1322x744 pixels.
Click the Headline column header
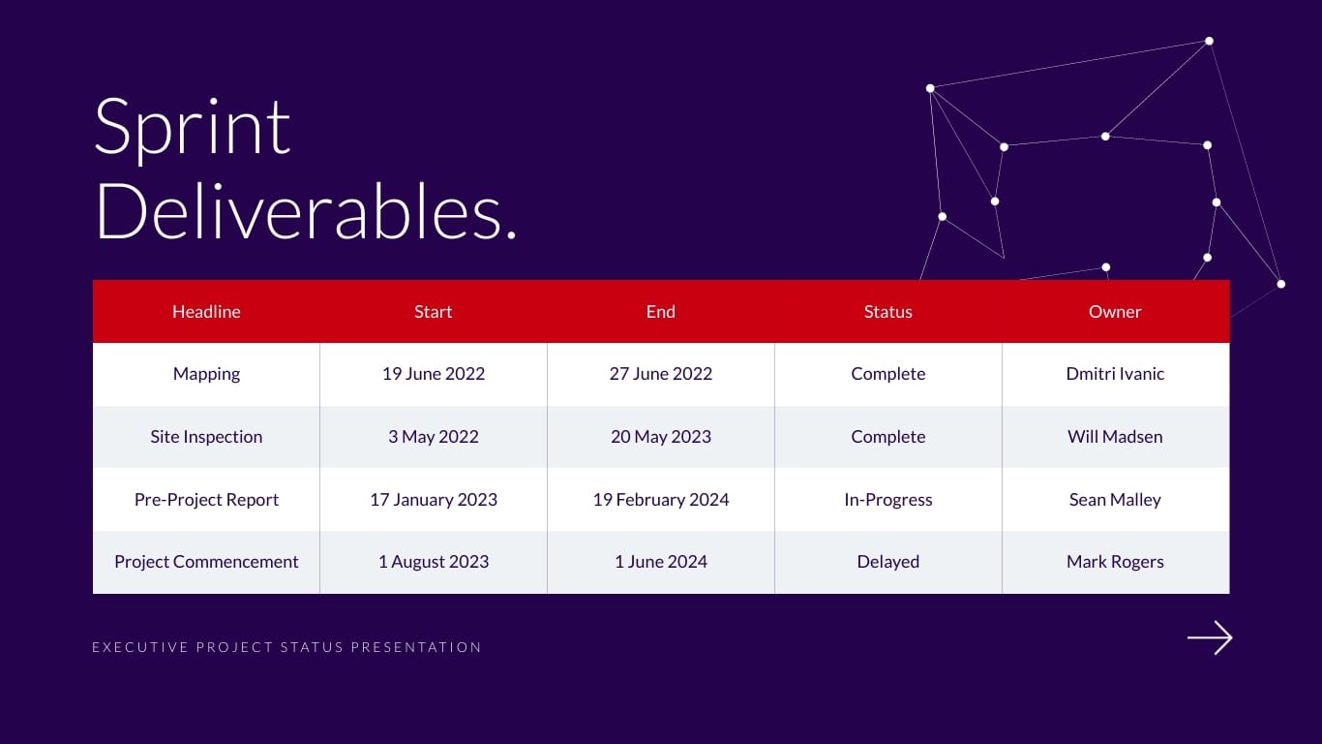[x=206, y=311]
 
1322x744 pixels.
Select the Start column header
[x=434, y=311]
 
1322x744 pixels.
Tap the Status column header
[x=887, y=311]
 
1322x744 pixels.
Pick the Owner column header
[x=1115, y=311]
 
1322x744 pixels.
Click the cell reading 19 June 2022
[x=434, y=374]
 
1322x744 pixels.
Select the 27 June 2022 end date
[x=660, y=374]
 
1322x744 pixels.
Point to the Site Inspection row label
[x=206, y=437]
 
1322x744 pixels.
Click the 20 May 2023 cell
[x=660, y=437]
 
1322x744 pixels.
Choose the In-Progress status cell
[x=887, y=499]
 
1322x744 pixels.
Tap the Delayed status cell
[x=887, y=562]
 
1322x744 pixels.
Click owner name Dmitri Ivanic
[x=1115, y=374]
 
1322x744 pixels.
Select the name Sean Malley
[x=1115, y=499]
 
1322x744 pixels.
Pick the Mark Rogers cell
[x=1115, y=562]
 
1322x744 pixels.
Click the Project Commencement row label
[x=206, y=562]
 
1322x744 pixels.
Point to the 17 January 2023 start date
[x=434, y=499]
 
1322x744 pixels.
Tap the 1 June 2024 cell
[x=660, y=562]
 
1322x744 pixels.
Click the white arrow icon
[x=1210, y=637]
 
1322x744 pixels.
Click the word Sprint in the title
[x=192, y=130]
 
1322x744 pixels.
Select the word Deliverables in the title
[x=299, y=211]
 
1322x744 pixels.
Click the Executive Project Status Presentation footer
[x=286, y=647]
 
